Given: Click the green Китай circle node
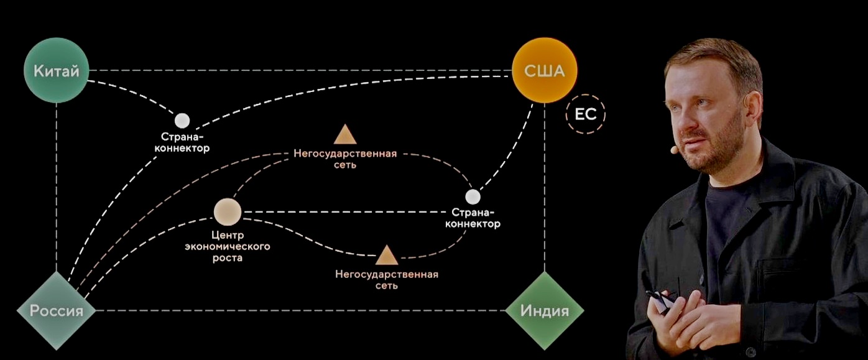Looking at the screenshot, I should pos(56,72).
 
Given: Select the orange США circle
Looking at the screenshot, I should pos(544,70).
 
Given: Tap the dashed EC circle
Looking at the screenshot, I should pos(585,115).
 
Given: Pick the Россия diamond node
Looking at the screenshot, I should pos(57,310).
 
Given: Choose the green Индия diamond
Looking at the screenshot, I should pos(545,310).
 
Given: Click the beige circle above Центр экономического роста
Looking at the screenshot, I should pos(227,212).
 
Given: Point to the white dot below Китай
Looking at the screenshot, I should pos(182,121).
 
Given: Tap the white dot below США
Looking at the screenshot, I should pos(473,196).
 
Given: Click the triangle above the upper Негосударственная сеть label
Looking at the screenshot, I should pos(344,134).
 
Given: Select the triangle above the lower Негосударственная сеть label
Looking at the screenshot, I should pos(386,255).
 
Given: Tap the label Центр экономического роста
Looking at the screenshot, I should pos(227,247).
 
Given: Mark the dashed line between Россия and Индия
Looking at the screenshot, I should pos(298,310).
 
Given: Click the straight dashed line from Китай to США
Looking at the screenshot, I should pos(298,70).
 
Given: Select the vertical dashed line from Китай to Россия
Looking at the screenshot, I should pos(57,187).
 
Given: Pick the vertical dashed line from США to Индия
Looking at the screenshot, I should pos(545,187).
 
